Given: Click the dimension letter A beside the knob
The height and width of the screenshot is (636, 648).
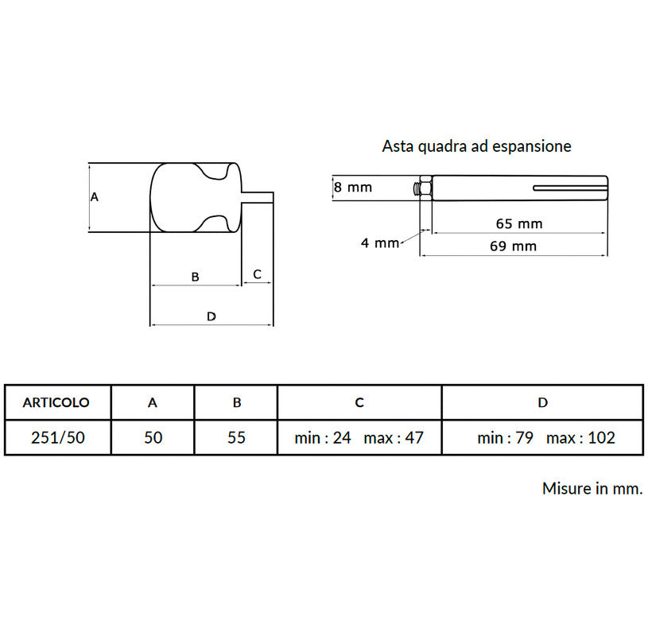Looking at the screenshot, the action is [x=95, y=197].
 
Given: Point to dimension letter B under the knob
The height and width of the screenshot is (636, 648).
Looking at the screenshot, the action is [x=195, y=277].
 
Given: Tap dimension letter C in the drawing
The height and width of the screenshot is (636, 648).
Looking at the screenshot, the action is [x=257, y=274].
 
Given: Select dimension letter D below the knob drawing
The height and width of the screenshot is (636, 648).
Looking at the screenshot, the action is [x=211, y=316].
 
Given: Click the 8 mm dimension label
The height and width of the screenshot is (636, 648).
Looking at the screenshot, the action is [x=353, y=187].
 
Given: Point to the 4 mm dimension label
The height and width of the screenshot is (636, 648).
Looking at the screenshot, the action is [x=380, y=243].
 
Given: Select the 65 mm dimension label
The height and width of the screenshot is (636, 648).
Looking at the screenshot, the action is [x=519, y=224].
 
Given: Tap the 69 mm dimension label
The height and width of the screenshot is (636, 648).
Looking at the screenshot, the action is [x=514, y=246].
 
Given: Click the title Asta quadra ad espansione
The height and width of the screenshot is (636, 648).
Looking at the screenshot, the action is [x=476, y=146].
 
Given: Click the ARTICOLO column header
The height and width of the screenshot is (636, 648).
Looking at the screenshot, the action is [x=56, y=402].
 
